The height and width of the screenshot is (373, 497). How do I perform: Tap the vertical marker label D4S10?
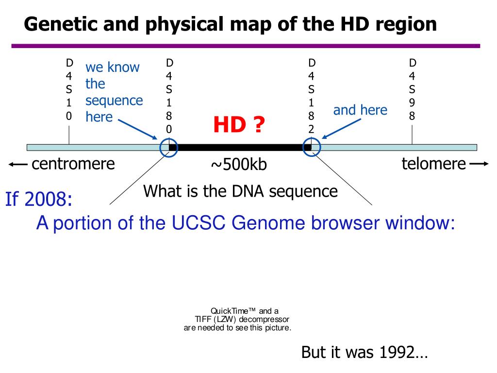(x=69, y=90)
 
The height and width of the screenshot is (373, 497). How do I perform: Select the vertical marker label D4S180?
(x=169, y=96)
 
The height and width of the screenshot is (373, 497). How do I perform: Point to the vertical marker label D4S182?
(x=312, y=96)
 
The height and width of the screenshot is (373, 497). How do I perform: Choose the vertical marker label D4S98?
(x=412, y=90)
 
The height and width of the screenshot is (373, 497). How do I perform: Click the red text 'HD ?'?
(x=239, y=126)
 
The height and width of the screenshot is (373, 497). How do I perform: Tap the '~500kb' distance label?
(x=239, y=165)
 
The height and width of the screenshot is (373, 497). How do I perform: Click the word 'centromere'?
(x=73, y=164)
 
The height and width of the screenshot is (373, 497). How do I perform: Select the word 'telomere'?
(x=433, y=164)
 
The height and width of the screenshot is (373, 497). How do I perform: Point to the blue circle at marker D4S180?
(x=169, y=148)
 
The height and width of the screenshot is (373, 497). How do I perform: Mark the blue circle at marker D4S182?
(x=312, y=148)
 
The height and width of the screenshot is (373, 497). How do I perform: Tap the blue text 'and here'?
(x=360, y=110)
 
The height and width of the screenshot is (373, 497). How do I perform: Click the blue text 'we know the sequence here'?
(x=114, y=92)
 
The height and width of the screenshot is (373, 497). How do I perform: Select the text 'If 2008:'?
(x=39, y=199)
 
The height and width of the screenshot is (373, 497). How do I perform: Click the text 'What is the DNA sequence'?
(x=240, y=191)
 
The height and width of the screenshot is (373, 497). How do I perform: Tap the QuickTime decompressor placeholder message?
(x=237, y=320)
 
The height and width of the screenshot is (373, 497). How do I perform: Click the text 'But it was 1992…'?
(x=364, y=352)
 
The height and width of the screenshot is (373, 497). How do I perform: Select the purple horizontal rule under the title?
(x=246, y=46)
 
